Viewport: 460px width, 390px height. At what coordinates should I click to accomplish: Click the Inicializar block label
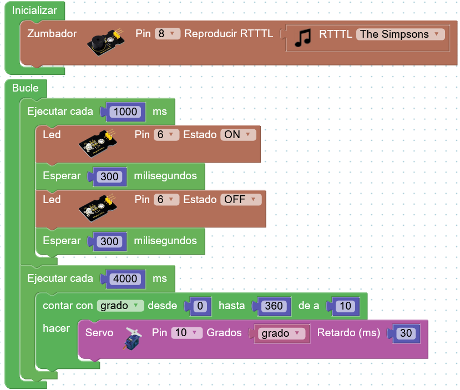point(34,11)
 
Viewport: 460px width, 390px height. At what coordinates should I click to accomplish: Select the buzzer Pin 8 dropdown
point(167,34)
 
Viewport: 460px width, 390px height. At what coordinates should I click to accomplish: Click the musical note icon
point(303,38)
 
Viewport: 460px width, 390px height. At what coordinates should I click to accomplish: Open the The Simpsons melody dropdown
point(401,34)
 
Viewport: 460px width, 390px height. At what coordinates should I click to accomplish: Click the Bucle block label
point(25,88)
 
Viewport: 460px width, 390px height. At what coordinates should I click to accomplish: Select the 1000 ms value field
point(125,112)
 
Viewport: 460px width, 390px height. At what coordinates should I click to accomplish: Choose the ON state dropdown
point(238,135)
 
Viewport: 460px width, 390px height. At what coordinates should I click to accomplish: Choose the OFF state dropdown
point(241,199)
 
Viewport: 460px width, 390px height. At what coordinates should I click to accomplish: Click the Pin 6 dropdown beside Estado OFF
point(166,199)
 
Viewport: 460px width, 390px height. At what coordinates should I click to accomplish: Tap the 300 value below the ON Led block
point(109,176)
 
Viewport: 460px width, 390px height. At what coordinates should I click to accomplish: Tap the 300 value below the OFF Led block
point(109,241)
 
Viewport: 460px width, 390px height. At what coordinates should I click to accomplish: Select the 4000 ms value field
point(125,278)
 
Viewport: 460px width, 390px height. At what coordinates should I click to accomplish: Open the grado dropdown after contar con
point(120,306)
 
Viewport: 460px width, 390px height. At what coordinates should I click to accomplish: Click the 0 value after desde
point(200,306)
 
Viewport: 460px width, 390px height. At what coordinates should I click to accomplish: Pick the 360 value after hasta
point(274,306)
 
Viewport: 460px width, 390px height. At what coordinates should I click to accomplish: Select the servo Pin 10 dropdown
point(187,333)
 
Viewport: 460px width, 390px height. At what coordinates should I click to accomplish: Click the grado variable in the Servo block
point(281,333)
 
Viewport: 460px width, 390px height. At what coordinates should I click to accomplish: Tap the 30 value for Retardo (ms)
point(406,333)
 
